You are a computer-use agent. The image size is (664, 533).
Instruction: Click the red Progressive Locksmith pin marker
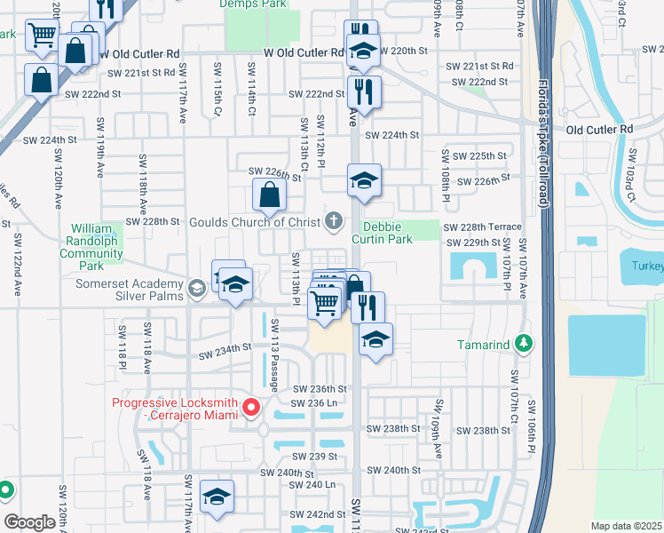(x=251, y=408)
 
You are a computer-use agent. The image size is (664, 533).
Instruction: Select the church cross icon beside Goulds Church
(x=334, y=220)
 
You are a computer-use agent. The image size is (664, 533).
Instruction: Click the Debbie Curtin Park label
(x=383, y=232)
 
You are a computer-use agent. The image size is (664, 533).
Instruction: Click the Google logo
(x=30, y=522)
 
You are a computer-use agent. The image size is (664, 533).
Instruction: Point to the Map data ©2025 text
(x=626, y=526)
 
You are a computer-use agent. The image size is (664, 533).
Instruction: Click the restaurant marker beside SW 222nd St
(x=364, y=91)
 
